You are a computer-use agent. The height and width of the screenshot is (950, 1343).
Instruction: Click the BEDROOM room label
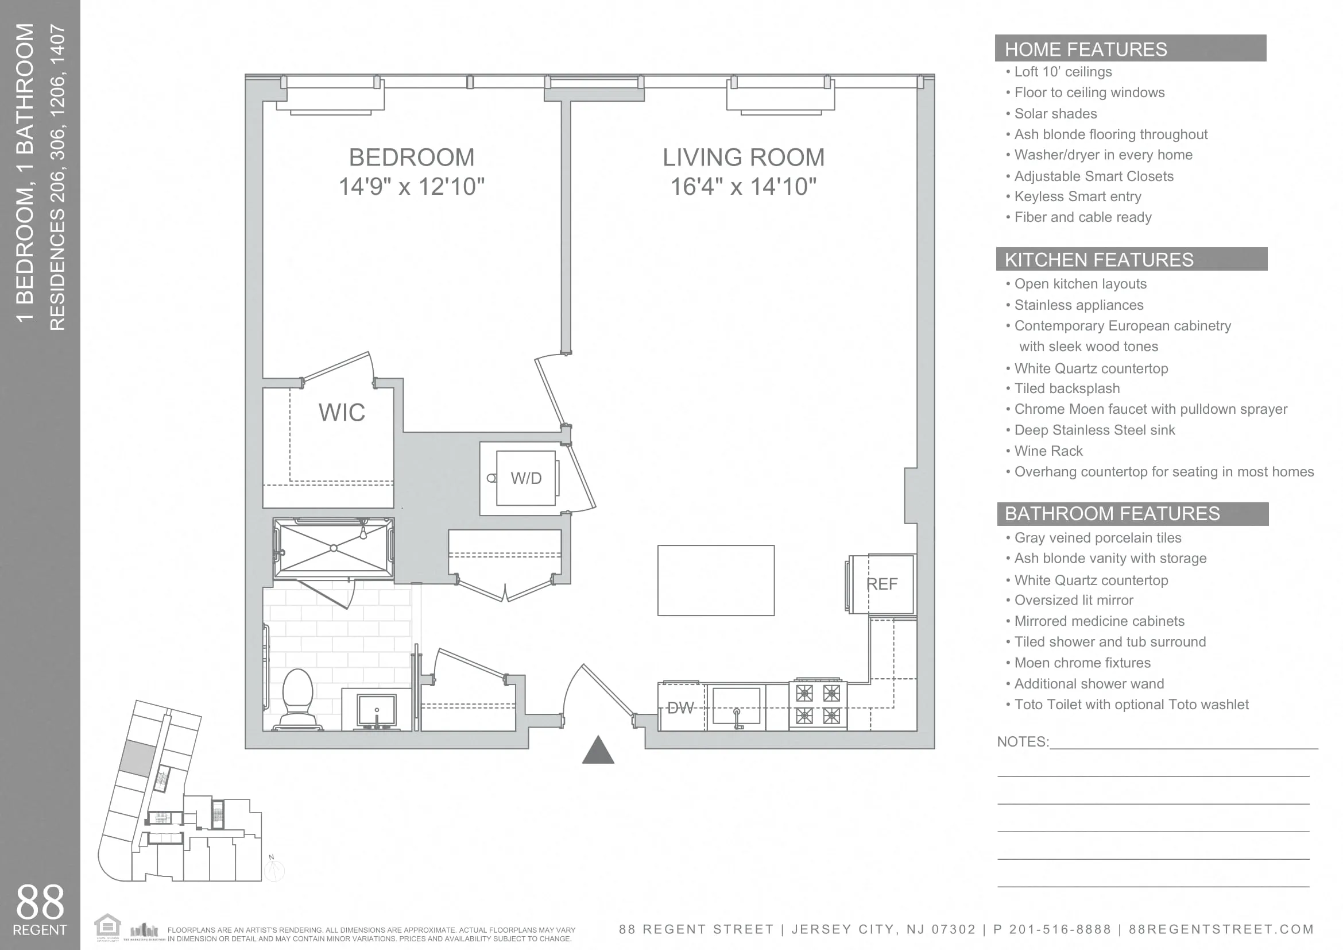click(411, 157)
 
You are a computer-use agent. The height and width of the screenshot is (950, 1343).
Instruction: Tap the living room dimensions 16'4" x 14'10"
click(743, 187)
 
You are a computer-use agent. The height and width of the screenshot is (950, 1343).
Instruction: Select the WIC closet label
click(342, 413)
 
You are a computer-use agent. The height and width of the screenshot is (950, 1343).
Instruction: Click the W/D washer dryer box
click(525, 478)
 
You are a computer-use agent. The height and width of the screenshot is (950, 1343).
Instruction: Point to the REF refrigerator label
click(881, 584)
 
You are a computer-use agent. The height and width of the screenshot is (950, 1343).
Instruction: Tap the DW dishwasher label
click(680, 708)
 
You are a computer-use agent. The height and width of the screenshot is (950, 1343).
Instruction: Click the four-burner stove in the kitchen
click(818, 705)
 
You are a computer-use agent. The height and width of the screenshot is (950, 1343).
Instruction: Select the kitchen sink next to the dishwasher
click(736, 707)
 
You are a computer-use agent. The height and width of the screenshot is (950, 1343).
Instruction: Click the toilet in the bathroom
click(298, 698)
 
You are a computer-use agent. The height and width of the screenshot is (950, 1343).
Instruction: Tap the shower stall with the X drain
click(334, 548)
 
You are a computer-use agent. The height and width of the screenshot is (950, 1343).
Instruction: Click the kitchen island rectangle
click(715, 580)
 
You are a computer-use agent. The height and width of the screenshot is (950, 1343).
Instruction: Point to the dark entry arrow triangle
click(598, 752)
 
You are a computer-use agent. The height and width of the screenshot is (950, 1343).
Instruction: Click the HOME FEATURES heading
click(1085, 49)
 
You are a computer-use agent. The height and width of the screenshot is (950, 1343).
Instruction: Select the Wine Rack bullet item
click(1048, 451)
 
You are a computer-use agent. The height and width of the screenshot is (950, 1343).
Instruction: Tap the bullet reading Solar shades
click(1055, 114)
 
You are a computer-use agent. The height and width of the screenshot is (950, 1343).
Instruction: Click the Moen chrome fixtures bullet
click(1082, 663)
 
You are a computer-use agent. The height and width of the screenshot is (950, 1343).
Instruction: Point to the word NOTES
click(1022, 741)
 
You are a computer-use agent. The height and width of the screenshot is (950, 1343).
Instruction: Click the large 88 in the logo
click(40, 902)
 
